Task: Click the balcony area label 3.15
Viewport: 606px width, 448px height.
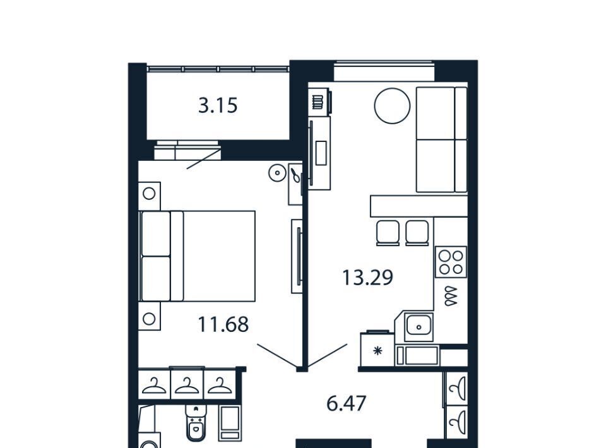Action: pyautogui.click(x=218, y=105)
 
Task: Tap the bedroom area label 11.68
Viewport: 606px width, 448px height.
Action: pyautogui.click(x=223, y=324)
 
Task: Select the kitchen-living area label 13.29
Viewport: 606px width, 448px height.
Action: pyautogui.click(x=367, y=277)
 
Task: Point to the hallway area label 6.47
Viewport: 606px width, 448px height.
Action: pyautogui.click(x=347, y=404)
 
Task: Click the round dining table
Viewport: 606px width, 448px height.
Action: pyautogui.click(x=392, y=106)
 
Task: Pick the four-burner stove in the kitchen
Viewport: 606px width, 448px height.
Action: pyautogui.click(x=451, y=262)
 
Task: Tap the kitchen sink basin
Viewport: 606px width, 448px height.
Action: pyautogui.click(x=419, y=326)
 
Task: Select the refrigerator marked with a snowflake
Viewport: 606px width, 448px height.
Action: pyautogui.click(x=377, y=349)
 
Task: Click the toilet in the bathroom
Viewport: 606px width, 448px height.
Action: pyautogui.click(x=196, y=423)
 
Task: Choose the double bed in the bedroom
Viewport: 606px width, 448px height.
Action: pyautogui.click(x=198, y=256)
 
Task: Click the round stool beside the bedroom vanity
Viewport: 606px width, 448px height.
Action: pyautogui.click(x=278, y=173)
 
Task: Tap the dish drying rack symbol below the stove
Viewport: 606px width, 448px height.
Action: pyautogui.click(x=451, y=297)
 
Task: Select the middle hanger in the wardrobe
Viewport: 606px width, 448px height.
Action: pyautogui.click(x=187, y=386)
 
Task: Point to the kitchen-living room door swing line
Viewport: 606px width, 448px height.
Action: pyautogui.click(x=328, y=355)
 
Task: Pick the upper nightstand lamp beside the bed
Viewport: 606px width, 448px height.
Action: pyautogui.click(x=149, y=194)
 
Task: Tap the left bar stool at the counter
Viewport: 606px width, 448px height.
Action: pyautogui.click(x=388, y=233)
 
